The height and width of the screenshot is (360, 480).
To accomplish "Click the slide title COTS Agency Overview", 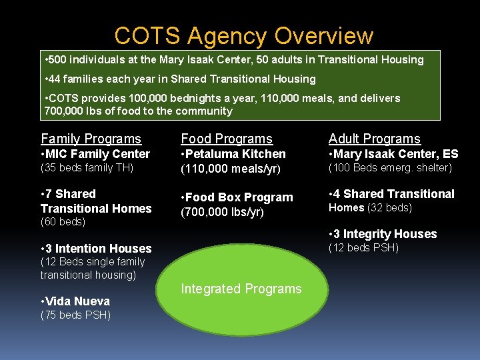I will [x=243, y=35].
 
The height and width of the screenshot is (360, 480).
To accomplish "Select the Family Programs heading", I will [x=91, y=139].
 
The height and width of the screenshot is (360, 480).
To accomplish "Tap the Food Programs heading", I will [x=227, y=139].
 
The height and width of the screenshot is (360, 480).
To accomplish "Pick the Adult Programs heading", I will [x=374, y=139].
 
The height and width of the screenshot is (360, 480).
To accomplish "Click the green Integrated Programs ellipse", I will [x=241, y=289].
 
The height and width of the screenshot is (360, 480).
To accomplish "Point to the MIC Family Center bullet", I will [x=95, y=154].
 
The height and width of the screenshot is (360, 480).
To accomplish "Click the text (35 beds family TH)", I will [x=87, y=168].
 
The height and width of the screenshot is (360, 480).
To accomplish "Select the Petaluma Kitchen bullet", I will [x=233, y=154].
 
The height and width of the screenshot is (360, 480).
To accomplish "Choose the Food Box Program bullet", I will [x=237, y=197].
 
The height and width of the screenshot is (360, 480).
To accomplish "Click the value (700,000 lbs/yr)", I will [x=222, y=212].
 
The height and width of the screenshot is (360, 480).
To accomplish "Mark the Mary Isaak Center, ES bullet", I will [x=393, y=154].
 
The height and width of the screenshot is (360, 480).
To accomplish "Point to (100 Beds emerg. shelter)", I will [x=390, y=168].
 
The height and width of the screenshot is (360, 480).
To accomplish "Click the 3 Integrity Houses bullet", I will [x=383, y=234].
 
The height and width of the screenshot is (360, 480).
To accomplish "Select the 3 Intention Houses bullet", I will [x=95, y=249].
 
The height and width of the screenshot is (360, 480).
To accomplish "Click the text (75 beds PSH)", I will [x=75, y=315].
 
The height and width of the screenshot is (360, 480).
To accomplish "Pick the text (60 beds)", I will [x=63, y=221].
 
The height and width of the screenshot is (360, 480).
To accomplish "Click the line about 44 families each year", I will [x=179, y=79].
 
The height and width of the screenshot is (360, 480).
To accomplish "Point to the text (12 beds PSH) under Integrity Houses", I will [x=363, y=248].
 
